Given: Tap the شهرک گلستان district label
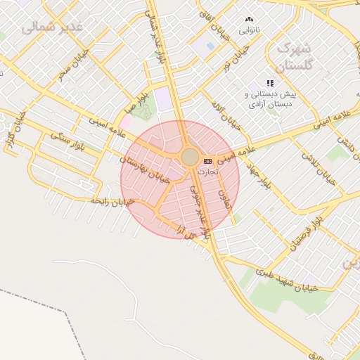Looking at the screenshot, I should [293, 58].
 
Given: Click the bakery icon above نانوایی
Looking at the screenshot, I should [249, 20].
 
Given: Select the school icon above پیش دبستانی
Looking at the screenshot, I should [270, 83].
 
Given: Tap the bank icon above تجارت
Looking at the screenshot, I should [207, 161].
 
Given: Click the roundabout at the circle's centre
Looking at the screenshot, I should [191, 157].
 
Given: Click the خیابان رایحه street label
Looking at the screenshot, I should [112, 201].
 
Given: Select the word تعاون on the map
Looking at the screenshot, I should [225, 200].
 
